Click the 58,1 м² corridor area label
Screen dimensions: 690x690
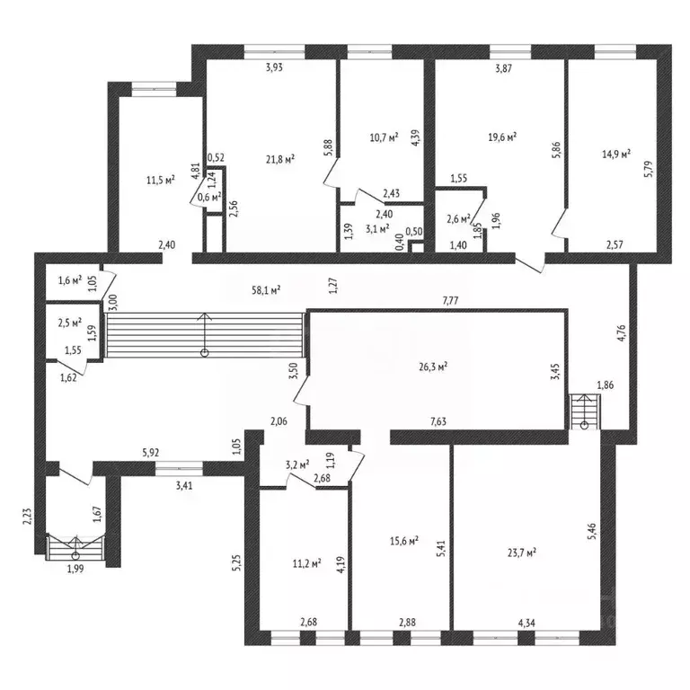pyautogui.click(x=266, y=290)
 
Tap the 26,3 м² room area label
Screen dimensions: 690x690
pyautogui.click(x=433, y=367)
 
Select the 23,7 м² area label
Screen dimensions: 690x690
pyautogui.click(x=521, y=553)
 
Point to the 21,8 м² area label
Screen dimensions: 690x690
pyautogui.click(x=280, y=159)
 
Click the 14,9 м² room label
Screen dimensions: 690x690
pyautogui.click(x=616, y=154)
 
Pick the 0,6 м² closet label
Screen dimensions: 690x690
pyautogui.click(x=209, y=197)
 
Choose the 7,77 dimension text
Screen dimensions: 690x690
pyautogui.click(x=450, y=301)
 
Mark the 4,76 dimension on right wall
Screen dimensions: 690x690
pyautogui.click(x=622, y=333)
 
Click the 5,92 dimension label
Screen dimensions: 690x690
pyautogui.click(x=151, y=453)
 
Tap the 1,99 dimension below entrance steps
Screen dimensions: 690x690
pyautogui.click(x=75, y=569)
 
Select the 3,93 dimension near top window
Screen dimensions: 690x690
pyautogui.click(x=274, y=67)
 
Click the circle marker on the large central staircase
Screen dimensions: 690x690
pyautogui.click(x=205, y=352)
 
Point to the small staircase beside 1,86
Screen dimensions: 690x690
pyautogui.click(x=585, y=411)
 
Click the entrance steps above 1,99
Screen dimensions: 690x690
pyautogui.click(x=75, y=547)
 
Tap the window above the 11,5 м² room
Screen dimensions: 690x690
pyautogui.click(x=154, y=89)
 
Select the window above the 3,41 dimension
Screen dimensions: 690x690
pyautogui.click(x=179, y=468)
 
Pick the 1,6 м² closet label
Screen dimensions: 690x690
pyautogui.click(x=69, y=280)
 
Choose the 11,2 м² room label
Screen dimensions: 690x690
pyautogui.click(x=306, y=562)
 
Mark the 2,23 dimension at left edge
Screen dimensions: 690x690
pyautogui.click(x=27, y=517)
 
